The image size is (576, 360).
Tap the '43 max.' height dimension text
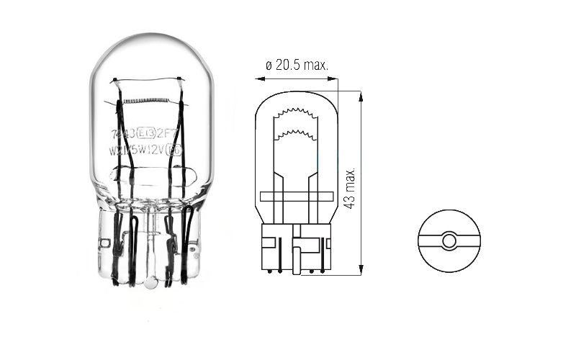point(351,189)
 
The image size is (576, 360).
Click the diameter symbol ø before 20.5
point(269,65)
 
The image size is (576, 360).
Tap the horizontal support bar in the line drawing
point(296,195)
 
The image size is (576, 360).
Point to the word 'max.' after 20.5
point(315,65)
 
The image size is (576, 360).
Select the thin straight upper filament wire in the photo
point(148,81)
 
